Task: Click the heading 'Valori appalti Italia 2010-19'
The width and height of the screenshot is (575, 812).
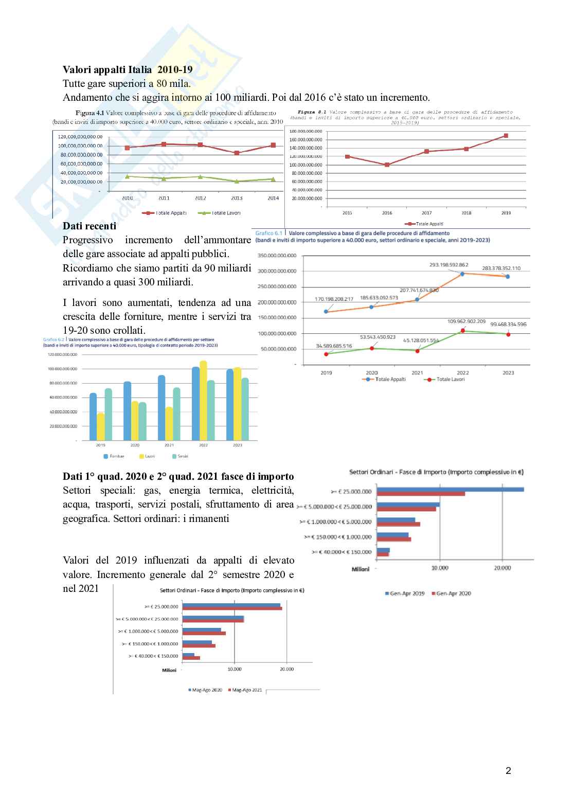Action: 128,69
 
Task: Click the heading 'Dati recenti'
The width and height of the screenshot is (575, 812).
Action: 89,226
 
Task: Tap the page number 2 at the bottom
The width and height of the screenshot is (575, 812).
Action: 508,770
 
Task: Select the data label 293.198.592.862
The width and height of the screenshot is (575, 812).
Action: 448,265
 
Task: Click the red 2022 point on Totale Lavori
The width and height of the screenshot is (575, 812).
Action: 463,331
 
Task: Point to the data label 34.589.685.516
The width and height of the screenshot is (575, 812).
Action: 334,346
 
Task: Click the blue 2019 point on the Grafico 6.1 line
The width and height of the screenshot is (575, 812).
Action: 326,312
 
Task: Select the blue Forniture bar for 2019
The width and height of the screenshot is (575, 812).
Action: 93,417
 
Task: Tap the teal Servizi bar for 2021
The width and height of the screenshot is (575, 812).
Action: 176,413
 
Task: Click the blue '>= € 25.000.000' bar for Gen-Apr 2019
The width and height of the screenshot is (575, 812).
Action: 450,489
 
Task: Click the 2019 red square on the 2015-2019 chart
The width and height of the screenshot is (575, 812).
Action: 506,136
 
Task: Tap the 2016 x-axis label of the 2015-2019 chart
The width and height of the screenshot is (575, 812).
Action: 387,213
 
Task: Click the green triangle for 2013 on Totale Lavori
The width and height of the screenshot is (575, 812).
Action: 237,181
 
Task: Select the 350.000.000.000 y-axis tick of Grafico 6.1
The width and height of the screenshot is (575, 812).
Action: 277,256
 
